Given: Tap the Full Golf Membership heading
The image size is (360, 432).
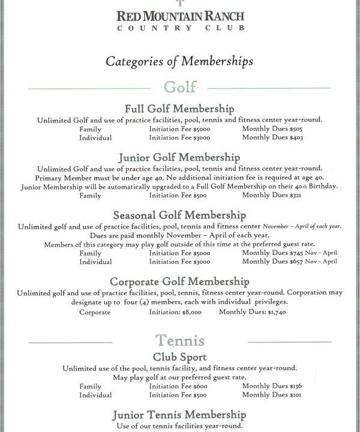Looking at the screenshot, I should pyautogui.click(x=179, y=109).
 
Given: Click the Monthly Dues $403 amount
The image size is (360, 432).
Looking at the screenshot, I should pyautogui.click(x=273, y=137).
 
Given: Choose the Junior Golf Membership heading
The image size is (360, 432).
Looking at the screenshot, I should pyautogui.click(x=179, y=157).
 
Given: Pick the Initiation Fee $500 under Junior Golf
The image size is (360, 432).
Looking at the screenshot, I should pyautogui.click(x=176, y=196).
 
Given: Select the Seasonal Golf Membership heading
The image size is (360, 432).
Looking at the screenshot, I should pyautogui.click(x=179, y=215).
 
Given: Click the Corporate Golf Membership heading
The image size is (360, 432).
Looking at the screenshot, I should pyautogui.click(x=179, y=281).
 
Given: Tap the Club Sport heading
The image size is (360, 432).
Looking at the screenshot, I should pyautogui.click(x=179, y=356).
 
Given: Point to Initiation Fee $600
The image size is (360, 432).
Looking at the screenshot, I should pyautogui.click(x=176, y=386).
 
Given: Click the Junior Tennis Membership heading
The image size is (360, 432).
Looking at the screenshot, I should pyautogui.click(x=179, y=415).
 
